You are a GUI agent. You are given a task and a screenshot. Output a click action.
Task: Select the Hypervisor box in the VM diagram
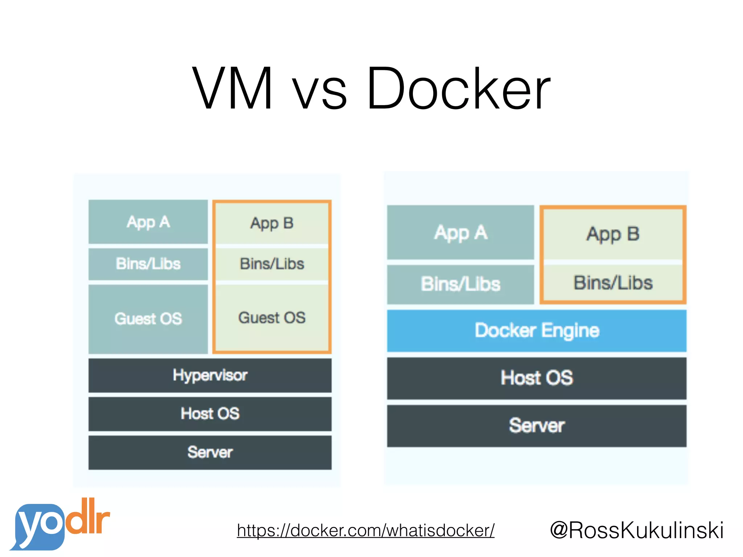[210, 375]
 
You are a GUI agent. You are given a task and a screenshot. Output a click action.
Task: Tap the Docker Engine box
[537, 330]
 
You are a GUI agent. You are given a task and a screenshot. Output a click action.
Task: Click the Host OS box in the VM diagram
[210, 414]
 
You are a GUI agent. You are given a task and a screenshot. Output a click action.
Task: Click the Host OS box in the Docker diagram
[537, 378]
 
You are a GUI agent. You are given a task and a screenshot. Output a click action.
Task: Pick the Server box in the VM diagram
[210, 452]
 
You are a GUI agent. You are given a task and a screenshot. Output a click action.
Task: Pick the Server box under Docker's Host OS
[537, 426]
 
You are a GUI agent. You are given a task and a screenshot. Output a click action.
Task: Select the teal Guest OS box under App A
[148, 319]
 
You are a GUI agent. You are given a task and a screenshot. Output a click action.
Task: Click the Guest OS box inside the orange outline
[272, 318]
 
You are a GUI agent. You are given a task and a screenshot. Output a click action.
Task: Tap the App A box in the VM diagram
[148, 222]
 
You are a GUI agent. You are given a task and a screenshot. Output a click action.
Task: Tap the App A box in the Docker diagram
[460, 232]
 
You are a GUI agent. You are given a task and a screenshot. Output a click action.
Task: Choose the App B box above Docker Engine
[613, 234]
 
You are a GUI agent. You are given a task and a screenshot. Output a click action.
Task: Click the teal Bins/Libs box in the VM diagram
[148, 264]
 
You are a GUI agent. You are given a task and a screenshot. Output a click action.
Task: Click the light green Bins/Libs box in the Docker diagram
[613, 282]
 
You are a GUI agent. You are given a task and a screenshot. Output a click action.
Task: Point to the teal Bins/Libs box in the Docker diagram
[460, 284]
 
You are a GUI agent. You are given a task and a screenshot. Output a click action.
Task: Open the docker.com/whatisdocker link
[365, 531]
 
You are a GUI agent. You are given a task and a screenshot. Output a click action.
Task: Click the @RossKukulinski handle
[637, 531]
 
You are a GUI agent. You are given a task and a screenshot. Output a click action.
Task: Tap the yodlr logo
[60, 525]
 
